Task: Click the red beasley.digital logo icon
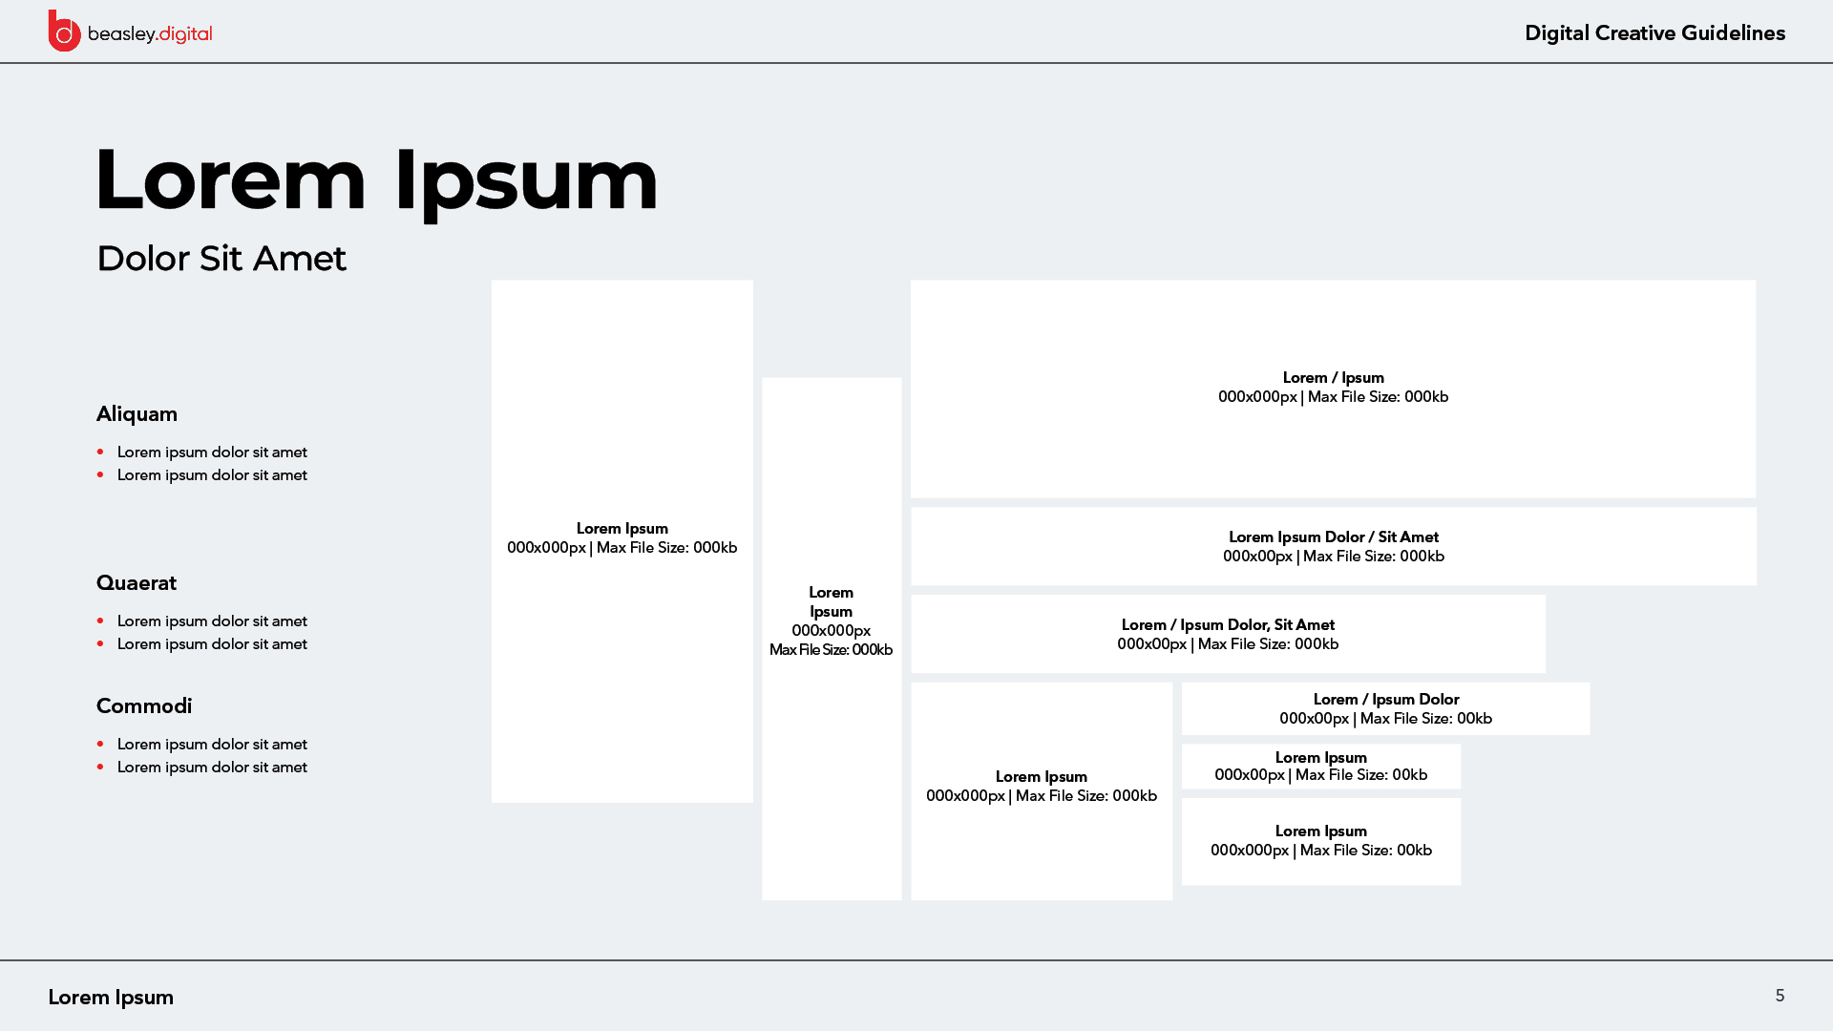click(x=64, y=32)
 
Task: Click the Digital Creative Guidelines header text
click(x=1654, y=33)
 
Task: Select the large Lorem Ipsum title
click(x=377, y=181)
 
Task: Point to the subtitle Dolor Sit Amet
click(x=221, y=259)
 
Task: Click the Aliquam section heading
click(x=137, y=414)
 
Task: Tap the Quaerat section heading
click(x=137, y=583)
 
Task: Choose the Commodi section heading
click(x=144, y=706)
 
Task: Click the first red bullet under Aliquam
click(x=100, y=452)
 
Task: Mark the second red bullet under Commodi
click(x=100, y=767)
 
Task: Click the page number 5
click(x=1780, y=996)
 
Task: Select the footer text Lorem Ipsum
click(x=111, y=998)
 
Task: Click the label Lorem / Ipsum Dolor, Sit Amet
click(x=1228, y=625)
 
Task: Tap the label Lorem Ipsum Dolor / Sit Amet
click(x=1334, y=537)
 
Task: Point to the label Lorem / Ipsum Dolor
click(x=1386, y=700)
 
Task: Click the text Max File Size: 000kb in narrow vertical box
click(x=831, y=650)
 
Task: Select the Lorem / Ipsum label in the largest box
click(x=1334, y=378)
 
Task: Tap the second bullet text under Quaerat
click(x=212, y=644)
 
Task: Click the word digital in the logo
click(x=186, y=34)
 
